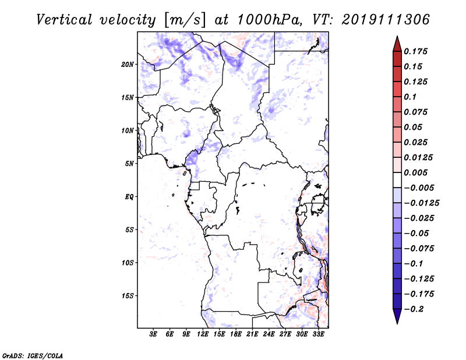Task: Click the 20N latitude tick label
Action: (128, 65)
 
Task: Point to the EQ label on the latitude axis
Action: (129, 197)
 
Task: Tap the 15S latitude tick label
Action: (128, 296)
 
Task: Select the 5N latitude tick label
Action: (129, 164)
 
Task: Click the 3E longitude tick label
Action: (153, 334)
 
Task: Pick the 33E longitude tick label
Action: (318, 334)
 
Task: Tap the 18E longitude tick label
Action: (236, 334)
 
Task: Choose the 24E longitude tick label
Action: (269, 334)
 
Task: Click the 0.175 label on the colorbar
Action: (415, 51)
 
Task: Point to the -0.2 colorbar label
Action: (414, 309)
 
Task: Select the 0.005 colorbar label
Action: (415, 172)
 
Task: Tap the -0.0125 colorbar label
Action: (421, 203)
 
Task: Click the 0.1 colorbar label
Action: (410, 97)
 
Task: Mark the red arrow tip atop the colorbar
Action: (397, 37)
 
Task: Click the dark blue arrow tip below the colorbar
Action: (397, 323)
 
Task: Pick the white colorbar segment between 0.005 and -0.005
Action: (397, 180)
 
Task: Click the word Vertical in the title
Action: (64, 20)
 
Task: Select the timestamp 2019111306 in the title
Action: (386, 20)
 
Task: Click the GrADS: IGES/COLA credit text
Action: (33, 355)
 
